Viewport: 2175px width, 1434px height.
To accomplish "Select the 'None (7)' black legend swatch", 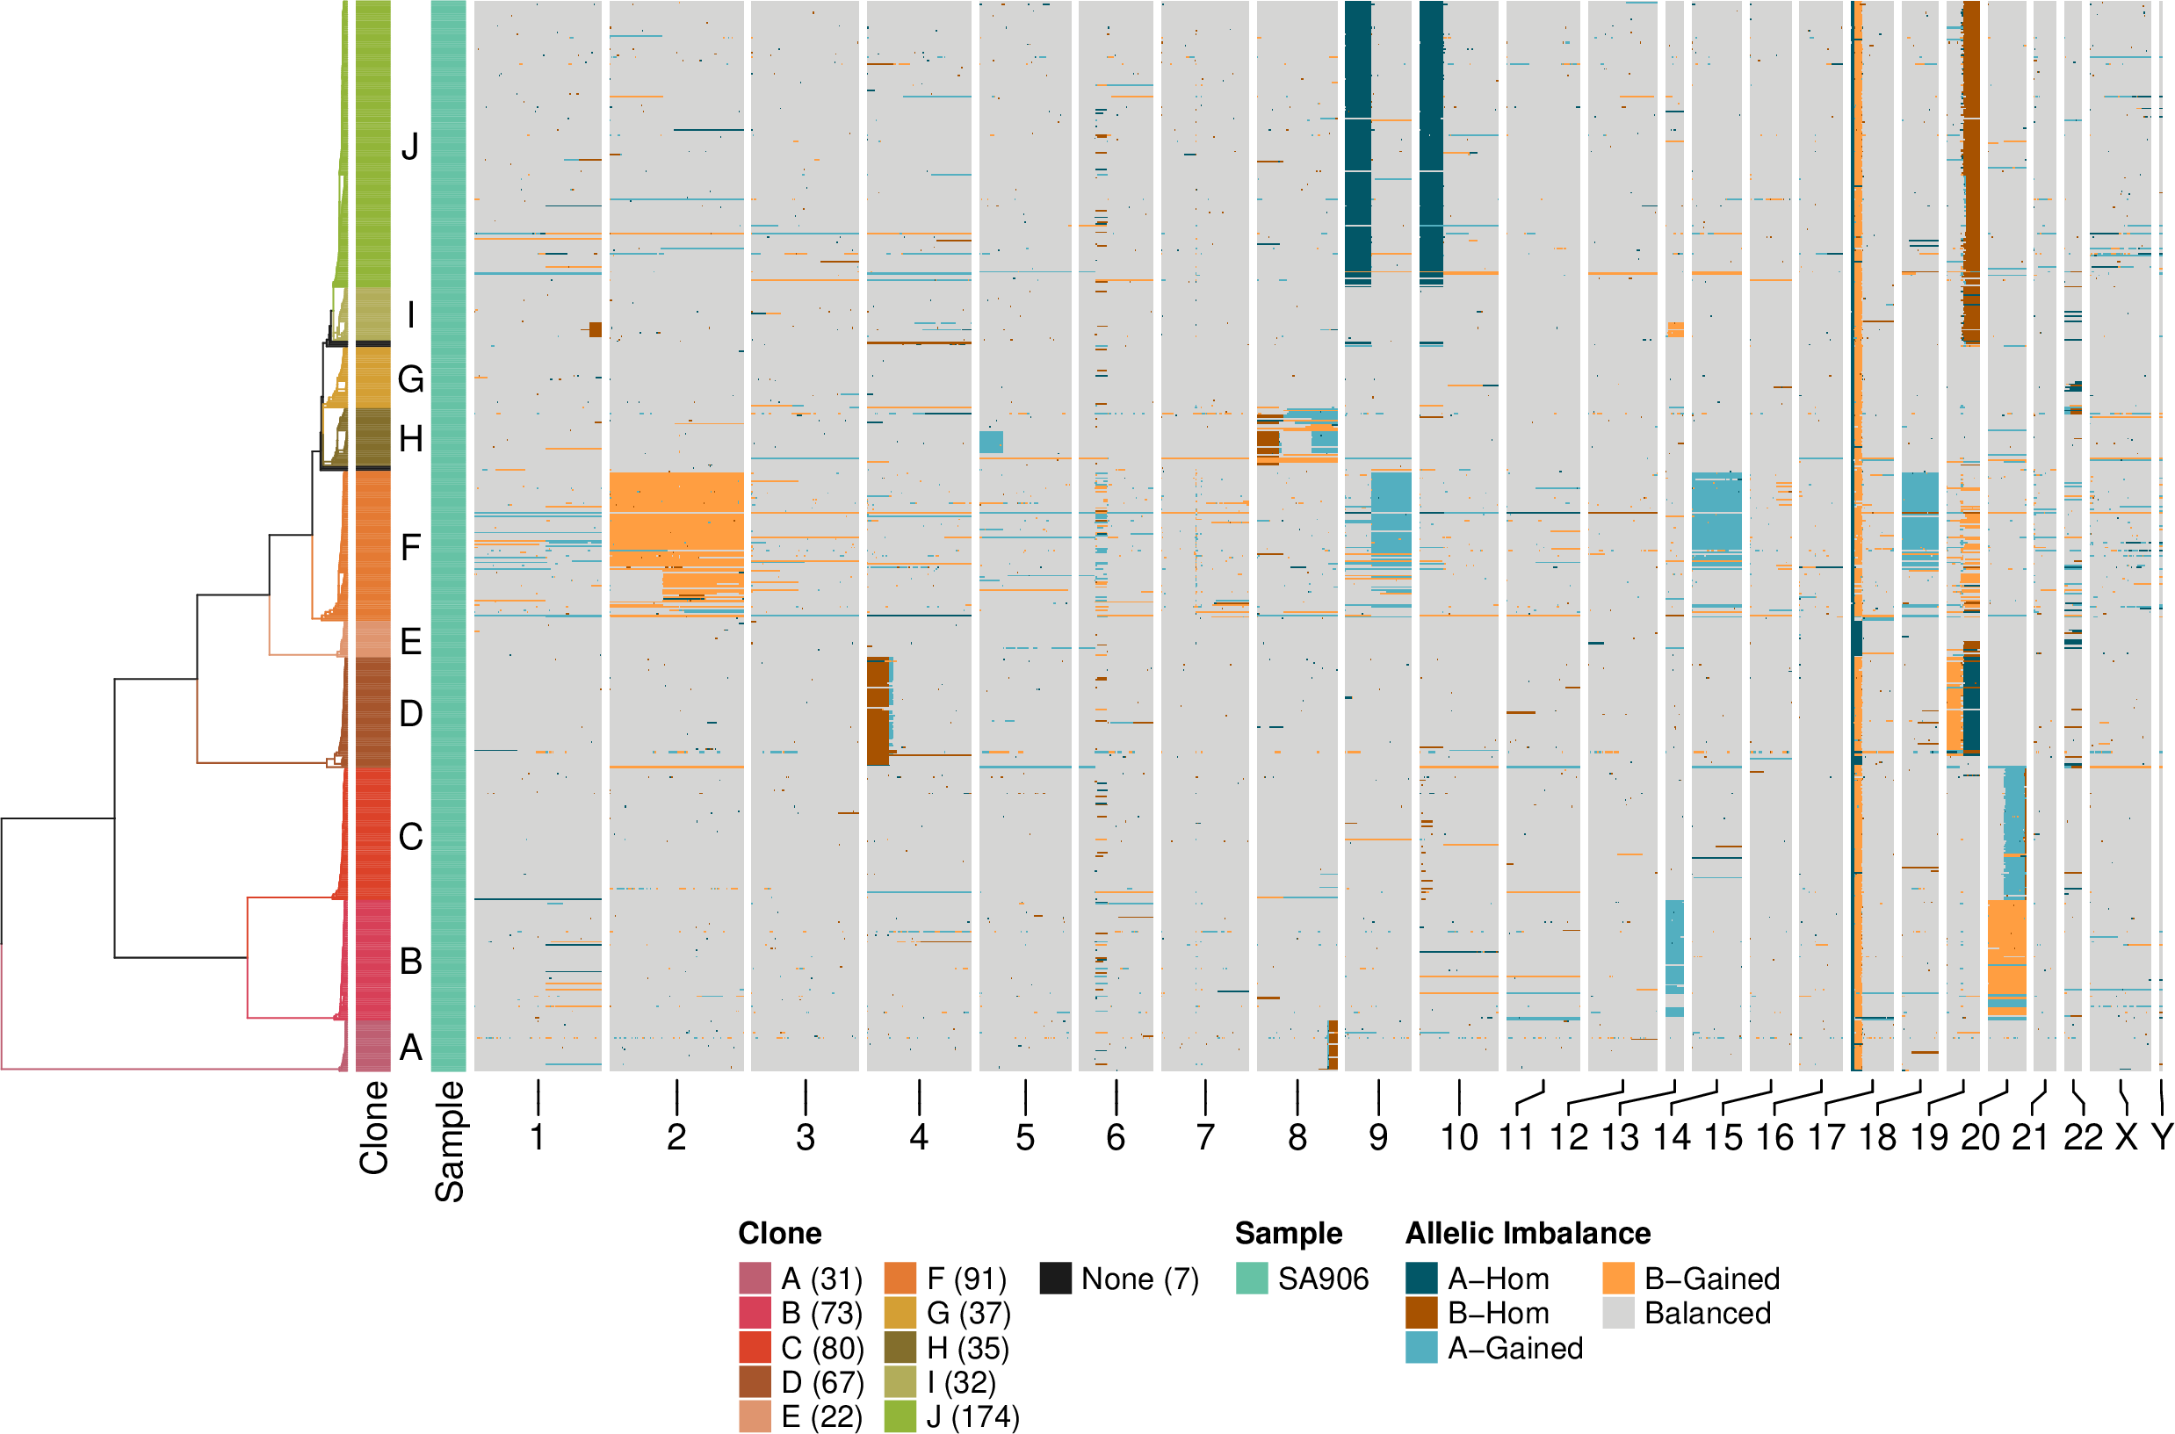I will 1056,1279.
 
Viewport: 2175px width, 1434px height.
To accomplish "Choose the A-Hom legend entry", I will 1497,1279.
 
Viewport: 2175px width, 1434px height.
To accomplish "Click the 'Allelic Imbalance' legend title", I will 1528,1234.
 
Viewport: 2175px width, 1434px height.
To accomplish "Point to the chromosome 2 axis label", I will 676,1138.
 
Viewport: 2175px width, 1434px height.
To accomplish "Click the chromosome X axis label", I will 2127,1138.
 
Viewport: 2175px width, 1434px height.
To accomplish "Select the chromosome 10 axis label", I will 1459,1138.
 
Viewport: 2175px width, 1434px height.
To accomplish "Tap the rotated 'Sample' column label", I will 449,1141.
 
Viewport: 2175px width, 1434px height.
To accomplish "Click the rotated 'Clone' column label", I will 374,1128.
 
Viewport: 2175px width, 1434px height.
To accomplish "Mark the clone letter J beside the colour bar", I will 411,147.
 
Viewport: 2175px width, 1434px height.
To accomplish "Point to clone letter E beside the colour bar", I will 411,641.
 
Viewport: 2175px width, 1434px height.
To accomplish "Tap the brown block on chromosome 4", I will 878,709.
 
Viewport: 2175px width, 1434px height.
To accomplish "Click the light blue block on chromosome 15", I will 1716,516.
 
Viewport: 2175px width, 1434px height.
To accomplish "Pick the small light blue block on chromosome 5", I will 991,442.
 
